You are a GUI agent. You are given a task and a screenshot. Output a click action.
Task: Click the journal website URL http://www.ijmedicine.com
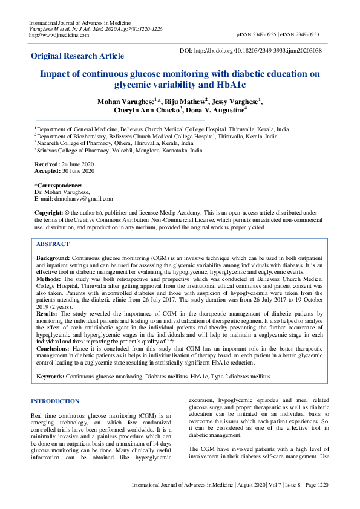59,35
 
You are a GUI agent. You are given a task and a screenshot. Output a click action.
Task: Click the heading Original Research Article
77,56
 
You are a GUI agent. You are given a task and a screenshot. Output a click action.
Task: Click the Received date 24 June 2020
74,164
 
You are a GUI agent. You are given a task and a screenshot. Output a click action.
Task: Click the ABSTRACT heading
53,244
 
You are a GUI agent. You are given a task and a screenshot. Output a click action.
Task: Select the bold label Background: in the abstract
53,258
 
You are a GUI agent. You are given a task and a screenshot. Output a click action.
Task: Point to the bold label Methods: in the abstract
48,280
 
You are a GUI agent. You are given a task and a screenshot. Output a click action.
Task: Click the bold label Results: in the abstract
47,314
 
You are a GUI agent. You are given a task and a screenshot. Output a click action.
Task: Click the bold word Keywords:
51,377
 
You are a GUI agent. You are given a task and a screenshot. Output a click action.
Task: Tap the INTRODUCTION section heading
54,401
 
